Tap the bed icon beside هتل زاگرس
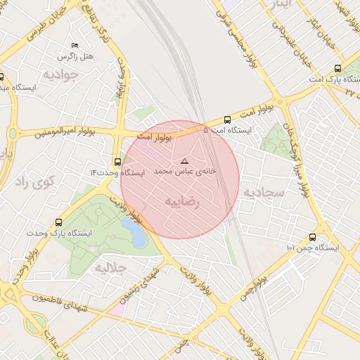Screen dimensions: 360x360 [x=76, y=46]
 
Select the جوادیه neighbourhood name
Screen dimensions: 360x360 [x=60, y=74]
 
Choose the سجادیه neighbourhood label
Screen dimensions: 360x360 [x=264, y=191]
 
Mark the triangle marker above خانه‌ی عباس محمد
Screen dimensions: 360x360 [x=185, y=161]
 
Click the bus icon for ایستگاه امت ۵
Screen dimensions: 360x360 [x=226, y=120]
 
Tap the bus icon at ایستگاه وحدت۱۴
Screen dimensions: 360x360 [x=117, y=162]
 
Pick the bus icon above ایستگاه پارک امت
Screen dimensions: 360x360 [x=338, y=69]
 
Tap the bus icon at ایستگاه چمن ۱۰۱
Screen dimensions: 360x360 [x=312, y=237]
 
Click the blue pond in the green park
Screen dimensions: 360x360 [x=134, y=233]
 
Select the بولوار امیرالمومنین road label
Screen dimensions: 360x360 [x=57, y=131]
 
